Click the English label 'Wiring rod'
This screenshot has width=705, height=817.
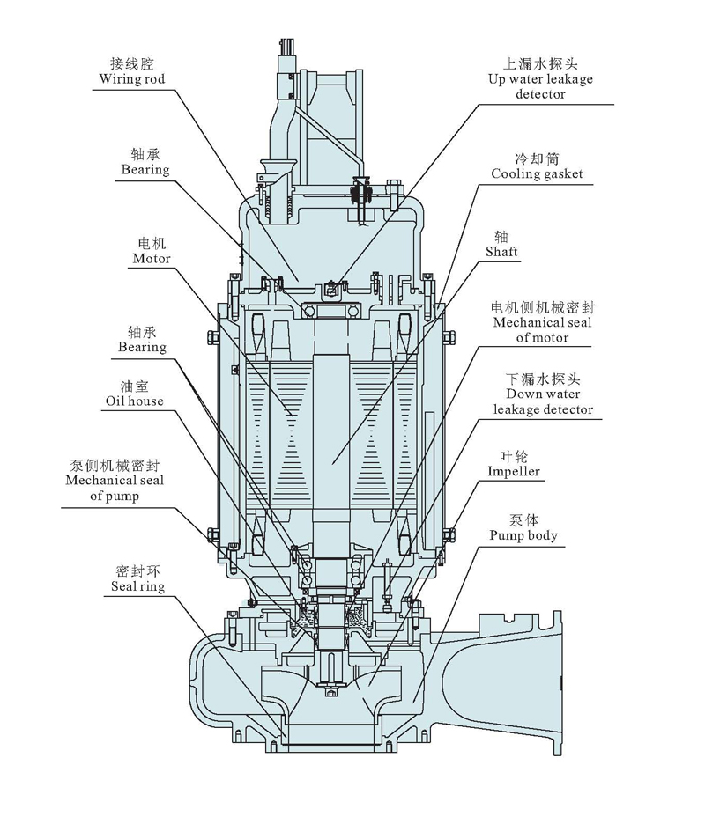click(x=133, y=79)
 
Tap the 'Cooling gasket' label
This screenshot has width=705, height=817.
click(x=537, y=174)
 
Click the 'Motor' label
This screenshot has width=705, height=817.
click(x=152, y=259)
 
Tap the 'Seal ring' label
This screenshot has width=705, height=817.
click(x=138, y=586)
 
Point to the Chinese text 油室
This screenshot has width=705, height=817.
click(x=137, y=386)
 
